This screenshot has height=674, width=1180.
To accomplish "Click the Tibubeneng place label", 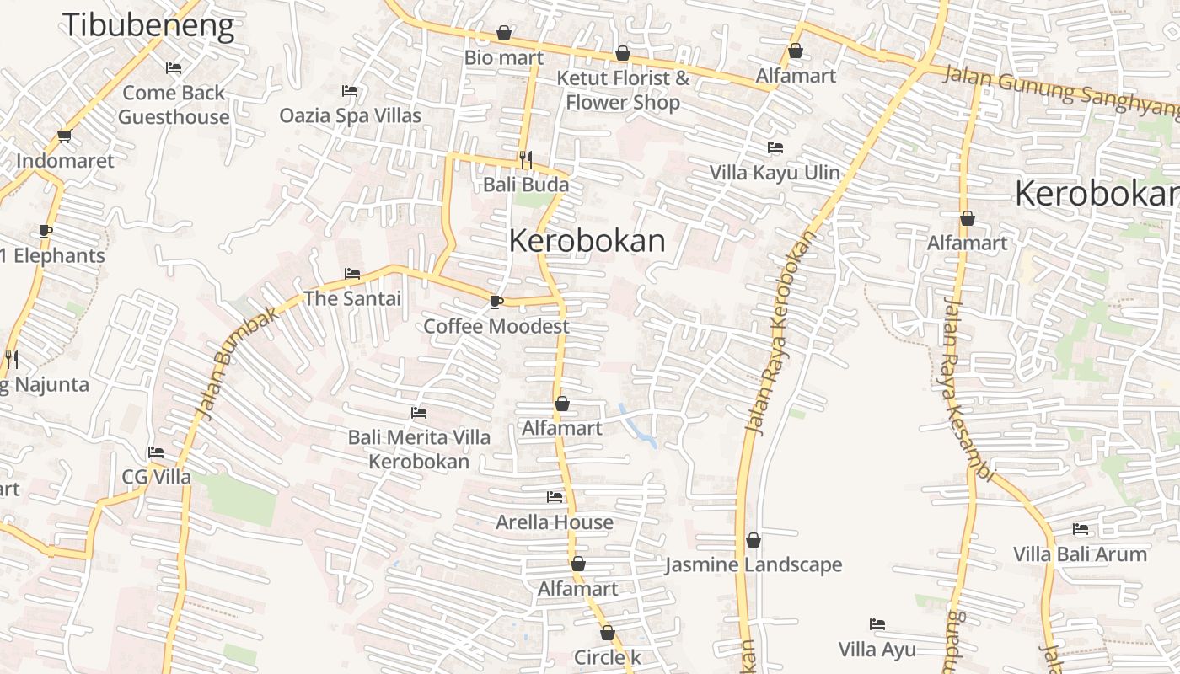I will click(148, 25).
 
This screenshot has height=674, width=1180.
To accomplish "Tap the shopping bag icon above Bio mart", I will click(504, 33).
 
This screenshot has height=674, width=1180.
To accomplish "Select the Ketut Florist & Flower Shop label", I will click(623, 90).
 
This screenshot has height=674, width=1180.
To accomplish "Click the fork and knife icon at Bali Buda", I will click(526, 158).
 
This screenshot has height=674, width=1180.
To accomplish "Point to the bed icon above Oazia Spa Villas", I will click(350, 91).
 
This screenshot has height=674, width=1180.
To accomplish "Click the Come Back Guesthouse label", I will click(174, 104).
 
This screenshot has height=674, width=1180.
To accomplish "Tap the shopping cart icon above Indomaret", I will click(65, 136).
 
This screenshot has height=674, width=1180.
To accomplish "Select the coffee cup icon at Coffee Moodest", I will click(496, 302).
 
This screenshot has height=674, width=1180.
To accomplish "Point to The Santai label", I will click(352, 298).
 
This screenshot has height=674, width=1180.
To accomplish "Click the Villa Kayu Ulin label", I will click(775, 173).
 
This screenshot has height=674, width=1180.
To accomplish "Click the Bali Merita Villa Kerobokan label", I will click(419, 449).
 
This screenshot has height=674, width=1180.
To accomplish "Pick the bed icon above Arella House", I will click(554, 497).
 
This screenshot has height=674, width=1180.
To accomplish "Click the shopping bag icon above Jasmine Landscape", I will click(754, 540).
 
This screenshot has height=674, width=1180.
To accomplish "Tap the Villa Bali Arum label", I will click(1080, 554).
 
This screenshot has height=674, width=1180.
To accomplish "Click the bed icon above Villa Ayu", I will click(877, 624).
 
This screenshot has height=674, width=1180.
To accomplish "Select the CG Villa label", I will click(157, 477).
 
